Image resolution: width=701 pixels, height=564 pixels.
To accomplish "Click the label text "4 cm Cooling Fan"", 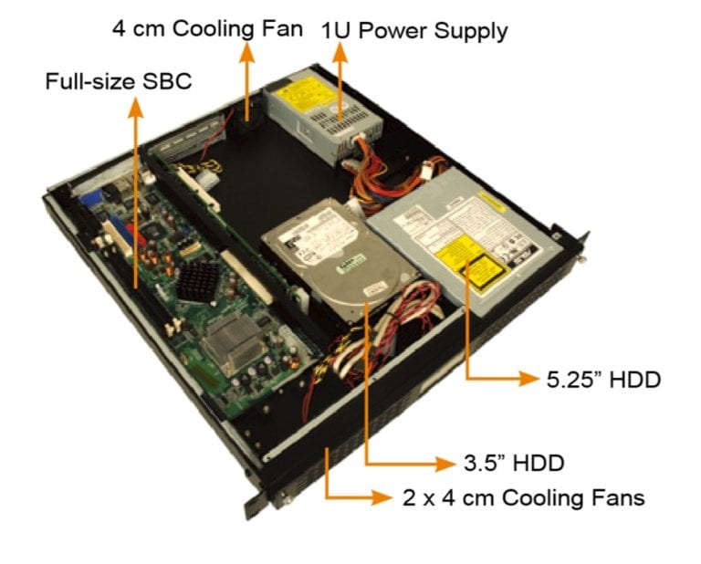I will [206, 27].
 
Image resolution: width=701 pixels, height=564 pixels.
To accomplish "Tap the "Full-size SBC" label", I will [119, 82].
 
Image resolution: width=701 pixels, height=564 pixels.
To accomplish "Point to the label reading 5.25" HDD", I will [602, 379].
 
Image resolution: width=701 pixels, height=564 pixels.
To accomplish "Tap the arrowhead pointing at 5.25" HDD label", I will [528, 379].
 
